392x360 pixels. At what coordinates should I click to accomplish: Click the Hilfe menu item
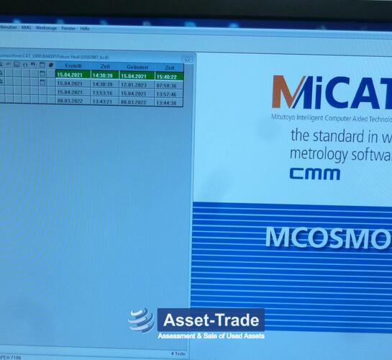(85, 28)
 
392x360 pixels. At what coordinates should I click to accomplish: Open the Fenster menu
(68, 28)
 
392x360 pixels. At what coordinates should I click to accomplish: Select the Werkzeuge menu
(46, 28)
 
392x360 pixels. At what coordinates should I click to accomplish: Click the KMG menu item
(27, 28)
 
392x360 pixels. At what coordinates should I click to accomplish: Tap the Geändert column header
(136, 66)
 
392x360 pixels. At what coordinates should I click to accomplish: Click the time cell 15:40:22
(168, 76)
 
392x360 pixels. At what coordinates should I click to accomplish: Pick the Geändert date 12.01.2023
(136, 84)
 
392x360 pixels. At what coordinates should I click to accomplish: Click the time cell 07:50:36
(168, 84)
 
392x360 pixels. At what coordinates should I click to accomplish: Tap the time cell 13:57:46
(168, 94)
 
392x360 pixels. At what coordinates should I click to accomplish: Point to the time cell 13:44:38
(168, 102)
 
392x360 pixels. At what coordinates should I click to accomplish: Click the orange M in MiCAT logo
(290, 93)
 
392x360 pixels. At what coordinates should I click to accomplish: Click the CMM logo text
(310, 174)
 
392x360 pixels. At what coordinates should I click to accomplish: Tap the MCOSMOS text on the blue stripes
(327, 238)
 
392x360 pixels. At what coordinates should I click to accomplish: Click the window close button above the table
(186, 59)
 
